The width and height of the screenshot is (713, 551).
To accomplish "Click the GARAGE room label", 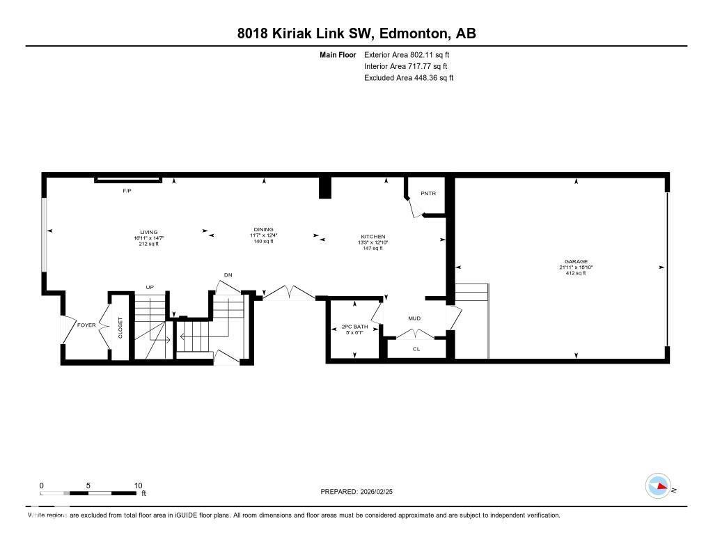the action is click(576, 262).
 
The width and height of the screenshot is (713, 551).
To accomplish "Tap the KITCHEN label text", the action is click(373, 237).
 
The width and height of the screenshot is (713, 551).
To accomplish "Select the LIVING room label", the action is click(148, 232).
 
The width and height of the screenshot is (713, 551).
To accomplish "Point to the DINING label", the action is click(263, 229).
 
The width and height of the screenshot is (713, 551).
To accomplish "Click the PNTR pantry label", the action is click(428, 193).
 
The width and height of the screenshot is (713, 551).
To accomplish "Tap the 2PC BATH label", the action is click(354, 327).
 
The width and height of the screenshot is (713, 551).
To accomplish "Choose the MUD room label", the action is click(414, 318).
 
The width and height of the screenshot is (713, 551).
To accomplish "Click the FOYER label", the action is click(86, 325).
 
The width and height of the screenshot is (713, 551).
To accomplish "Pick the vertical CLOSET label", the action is click(120, 329).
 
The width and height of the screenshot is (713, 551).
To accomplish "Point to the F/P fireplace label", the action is click(127, 191).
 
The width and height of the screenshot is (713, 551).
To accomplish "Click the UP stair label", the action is click(149, 287).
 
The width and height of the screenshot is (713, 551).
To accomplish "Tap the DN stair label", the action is click(228, 275).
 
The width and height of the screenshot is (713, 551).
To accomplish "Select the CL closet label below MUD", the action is click(416, 349).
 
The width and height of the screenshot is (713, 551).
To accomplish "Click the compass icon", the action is click(658, 486).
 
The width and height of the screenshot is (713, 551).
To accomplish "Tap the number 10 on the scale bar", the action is click(138, 486).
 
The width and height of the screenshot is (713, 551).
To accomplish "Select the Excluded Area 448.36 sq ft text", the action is click(409, 78).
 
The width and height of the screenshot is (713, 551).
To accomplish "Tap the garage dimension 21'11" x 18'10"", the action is click(576, 267).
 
